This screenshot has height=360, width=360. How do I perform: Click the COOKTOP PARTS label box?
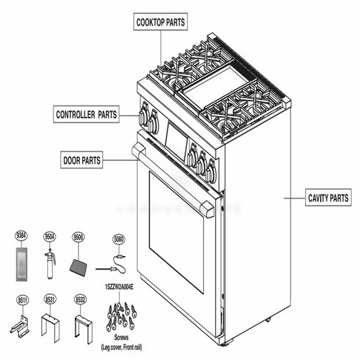159,22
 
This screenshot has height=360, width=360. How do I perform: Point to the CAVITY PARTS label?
328,198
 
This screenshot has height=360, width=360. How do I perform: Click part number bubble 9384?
22,236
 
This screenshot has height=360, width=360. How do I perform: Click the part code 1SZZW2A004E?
120,287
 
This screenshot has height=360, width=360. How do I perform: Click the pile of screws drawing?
122,313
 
